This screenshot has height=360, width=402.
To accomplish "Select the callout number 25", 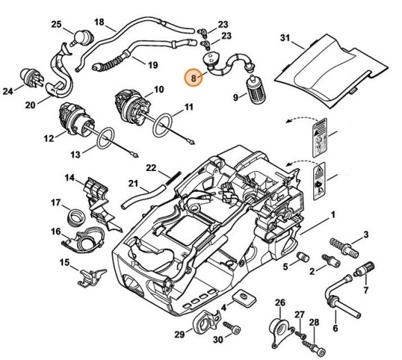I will (x=56, y=26).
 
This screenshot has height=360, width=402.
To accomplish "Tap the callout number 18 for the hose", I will (x=99, y=22).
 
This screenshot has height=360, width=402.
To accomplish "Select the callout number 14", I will (x=70, y=178).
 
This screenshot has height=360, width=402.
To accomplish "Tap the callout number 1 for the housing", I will (x=335, y=215).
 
